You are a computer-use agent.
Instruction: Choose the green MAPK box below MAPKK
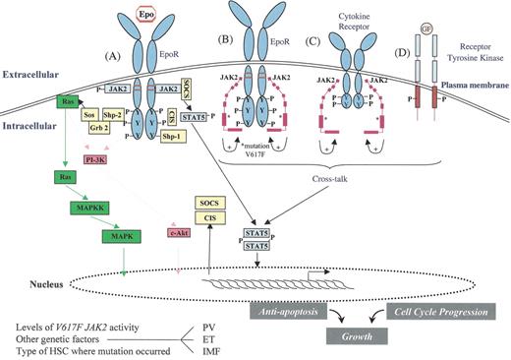click(x=124, y=236)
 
